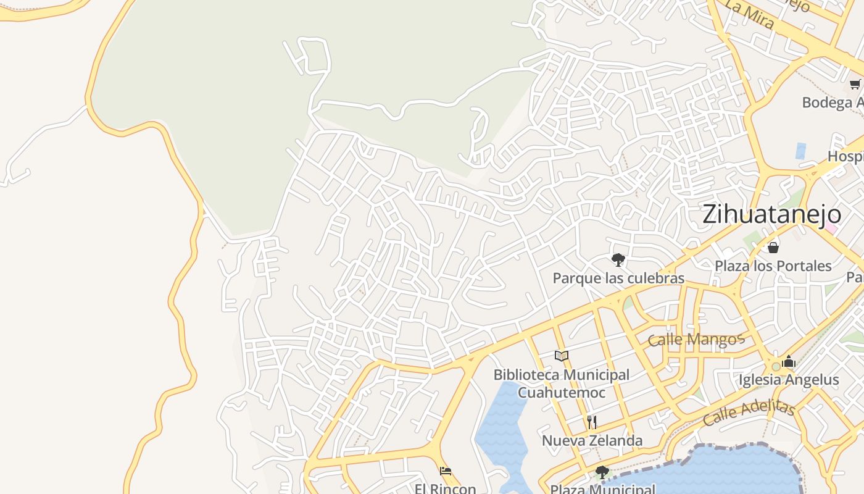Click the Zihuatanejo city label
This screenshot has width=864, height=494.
coord(771,214)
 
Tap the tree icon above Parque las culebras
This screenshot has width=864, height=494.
coord(618,259)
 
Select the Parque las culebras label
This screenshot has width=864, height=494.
coord(618,278)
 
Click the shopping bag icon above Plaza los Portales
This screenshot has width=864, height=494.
coord(773,248)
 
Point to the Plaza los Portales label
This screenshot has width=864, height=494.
coord(773,266)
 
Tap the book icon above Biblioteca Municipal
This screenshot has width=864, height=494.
coord(561,356)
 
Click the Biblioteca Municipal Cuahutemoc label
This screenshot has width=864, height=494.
coord(561,383)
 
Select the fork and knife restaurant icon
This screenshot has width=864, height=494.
coord(592,422)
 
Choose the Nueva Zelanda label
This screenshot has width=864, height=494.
coord(592,440)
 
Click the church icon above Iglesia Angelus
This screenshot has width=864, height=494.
coord(788,362)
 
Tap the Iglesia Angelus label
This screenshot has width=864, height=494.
coord(789,380)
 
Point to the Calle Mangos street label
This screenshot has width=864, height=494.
coord(696,339)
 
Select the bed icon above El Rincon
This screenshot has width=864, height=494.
coord(446,471)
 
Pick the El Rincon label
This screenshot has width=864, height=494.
coord(446,488)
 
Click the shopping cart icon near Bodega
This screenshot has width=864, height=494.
coord(855,84)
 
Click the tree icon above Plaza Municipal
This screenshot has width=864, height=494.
coord(602,472)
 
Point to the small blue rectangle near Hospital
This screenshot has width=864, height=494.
coord(800,151)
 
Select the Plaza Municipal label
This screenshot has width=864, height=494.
coord(602,489)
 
